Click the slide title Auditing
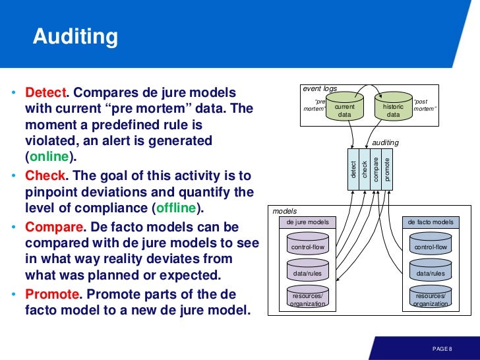tap(76, 37)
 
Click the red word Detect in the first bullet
tap(45, 92)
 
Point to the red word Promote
tap(51, 293)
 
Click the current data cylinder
tap(345, 109)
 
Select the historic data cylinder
tap(393, 109)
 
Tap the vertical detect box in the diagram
tap(353, 169)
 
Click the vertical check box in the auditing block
tap(365, 169)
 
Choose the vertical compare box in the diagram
tap(376, 169)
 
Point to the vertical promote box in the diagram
tap(387, 169)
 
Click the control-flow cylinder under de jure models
tap(308, 247)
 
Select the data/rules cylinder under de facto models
tap(431, 272)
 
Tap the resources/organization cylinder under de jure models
tap(308, 300)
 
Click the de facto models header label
tap(431, 222)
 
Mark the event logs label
tap(320, 88)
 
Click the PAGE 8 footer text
tap(442, 348)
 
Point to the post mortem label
tap(424, 105)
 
